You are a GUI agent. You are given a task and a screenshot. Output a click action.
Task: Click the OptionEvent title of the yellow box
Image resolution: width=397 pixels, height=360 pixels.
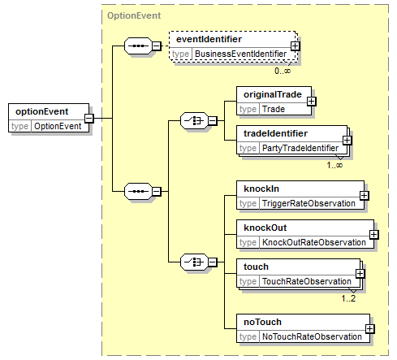pos(134,15)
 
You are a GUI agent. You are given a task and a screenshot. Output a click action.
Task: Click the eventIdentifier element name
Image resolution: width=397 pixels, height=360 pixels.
pos(209,39)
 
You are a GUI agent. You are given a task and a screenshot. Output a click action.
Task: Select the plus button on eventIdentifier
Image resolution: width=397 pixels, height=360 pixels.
pos(295,46)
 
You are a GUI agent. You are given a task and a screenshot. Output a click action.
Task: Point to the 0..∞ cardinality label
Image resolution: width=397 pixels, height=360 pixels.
pos(283,71)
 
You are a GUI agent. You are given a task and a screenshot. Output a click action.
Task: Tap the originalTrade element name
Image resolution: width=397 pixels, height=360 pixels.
pos(272,94)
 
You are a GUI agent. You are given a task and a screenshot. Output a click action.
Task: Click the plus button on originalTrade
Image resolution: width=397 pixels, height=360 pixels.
pos(311,102)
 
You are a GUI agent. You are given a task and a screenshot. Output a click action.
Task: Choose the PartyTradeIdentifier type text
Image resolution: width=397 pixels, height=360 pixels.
pos(300,148)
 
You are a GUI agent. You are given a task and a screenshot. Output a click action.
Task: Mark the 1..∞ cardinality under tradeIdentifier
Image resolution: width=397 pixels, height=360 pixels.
pos(334,165)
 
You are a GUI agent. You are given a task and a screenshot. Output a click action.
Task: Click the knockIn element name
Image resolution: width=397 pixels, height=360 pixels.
pos(261,189)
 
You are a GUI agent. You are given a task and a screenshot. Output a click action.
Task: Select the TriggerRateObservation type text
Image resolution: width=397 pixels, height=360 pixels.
pos(309,203)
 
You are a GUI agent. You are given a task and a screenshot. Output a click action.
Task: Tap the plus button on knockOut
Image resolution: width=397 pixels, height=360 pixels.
pos(373,235)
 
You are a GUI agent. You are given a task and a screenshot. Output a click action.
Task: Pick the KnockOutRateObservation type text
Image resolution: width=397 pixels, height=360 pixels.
pos(314,242)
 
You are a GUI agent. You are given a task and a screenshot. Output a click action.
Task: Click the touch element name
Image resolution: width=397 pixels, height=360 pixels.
pos(256,267)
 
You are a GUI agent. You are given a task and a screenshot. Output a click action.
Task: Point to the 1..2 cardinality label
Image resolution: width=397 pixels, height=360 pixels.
pos(348,298)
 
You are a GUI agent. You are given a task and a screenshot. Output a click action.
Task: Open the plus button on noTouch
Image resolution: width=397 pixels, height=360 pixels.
pos(369,329)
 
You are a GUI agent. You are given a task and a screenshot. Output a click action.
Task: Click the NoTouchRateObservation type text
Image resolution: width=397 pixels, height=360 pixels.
pos(312,336)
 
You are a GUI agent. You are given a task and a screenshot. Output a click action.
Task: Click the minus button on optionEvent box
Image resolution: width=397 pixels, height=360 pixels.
pos(89,119)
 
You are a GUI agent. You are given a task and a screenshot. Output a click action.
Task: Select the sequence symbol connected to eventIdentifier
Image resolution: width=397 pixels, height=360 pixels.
pos(138,46)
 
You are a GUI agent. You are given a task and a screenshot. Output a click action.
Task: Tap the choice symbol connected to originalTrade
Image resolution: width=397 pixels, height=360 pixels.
pos(194,121)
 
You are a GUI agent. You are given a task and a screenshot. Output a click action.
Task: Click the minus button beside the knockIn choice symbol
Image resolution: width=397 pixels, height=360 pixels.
pos(213,262)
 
